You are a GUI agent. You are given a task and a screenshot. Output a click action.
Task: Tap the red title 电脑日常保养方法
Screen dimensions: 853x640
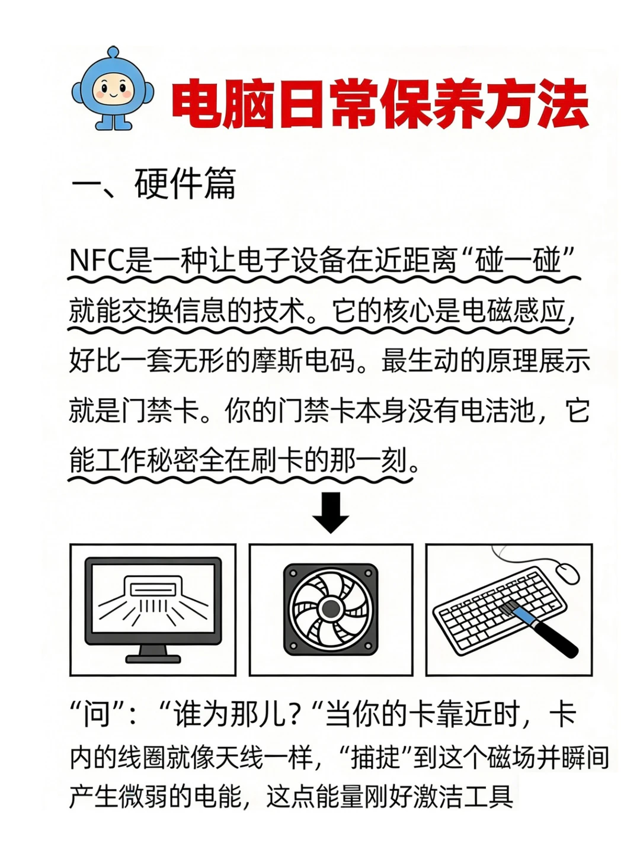tap(379, 105)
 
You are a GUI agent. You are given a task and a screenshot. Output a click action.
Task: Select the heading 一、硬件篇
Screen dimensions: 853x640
tap(153, 184)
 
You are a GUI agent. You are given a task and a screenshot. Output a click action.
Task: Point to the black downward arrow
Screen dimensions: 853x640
tap(331, 512)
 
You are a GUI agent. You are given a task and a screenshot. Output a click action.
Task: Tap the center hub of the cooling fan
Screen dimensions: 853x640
tap(331, 608)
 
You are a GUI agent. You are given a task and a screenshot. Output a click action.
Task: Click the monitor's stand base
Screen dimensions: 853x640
tap(153, 658)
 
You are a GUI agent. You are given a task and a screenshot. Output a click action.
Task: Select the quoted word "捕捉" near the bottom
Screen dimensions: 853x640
tap(376, 758)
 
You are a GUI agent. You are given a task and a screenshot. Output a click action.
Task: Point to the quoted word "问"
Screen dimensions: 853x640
tap(96, 714)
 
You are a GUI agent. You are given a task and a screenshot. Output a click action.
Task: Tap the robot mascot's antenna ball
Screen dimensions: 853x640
tap(113, 52)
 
